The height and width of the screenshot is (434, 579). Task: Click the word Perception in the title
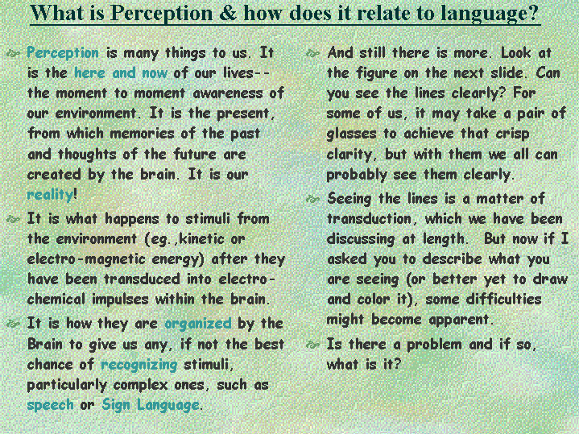[x=161, y=14]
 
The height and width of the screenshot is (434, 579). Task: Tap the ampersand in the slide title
[x=228, y=13]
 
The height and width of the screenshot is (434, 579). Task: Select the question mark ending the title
[x=532, y=13]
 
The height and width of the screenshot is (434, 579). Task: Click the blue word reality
[x=50, y=194]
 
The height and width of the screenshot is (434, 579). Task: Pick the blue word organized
[x=198, y=324]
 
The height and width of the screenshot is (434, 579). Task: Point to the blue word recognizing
[x=139, y=365]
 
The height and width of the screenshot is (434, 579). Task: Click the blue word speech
[x=51, y=405]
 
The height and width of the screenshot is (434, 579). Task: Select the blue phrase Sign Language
[x=151, y=405]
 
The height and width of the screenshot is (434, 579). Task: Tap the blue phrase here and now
[x=121, y=72]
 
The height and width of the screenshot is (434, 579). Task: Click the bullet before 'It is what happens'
[x=13, y=220]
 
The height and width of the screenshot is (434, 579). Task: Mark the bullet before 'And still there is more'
[x=312, y=54]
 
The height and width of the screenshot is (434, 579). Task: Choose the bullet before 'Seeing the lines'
[x=312, y=200]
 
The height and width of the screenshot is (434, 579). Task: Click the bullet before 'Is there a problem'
[x=312, y=345]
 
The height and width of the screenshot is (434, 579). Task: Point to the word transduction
[x=369, y=219]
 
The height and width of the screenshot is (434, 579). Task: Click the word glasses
[x=351, y=134]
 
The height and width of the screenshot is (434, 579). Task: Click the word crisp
[x=512, y=134]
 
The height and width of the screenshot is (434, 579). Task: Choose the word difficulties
[x=503, y=299]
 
